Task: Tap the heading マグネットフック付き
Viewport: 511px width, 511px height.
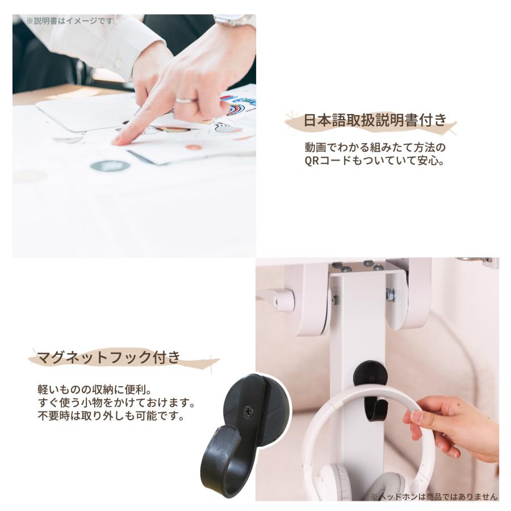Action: click(108, 358)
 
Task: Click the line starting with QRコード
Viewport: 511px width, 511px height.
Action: click(374, 161)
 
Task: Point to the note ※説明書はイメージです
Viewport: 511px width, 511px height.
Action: click(69, 21)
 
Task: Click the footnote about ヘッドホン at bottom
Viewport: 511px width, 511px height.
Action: click(434, 497)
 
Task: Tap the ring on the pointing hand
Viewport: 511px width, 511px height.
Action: click(186, 100)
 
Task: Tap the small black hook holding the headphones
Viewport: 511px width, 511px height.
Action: click(371, 386)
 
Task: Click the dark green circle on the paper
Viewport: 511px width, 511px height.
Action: click(110, 166)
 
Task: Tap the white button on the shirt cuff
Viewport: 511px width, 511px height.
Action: click(119, 63)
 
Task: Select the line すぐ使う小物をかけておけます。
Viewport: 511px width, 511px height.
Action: click(116, 404)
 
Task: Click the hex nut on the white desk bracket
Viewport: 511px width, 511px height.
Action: click(390, 295)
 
